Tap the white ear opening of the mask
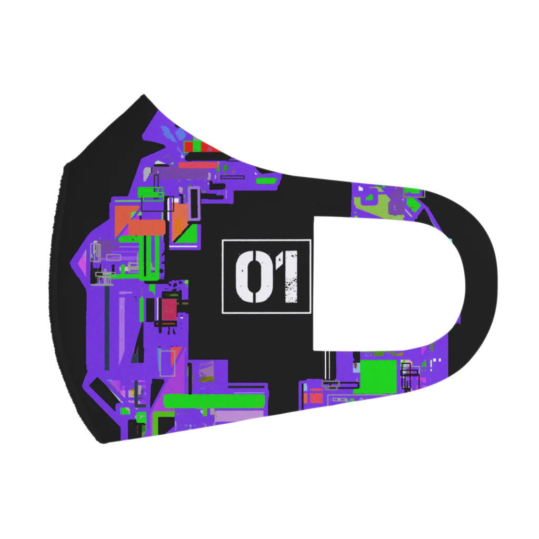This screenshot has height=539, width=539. (x=385, y=284)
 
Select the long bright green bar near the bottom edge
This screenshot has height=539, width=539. (x=214, y=401)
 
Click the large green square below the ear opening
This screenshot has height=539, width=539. (x=377, y=376)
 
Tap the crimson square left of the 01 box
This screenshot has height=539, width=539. (x=169, y=310)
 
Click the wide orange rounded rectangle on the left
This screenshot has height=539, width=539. (x=147, y=227)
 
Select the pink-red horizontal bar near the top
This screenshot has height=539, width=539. (x=198, y=165)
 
